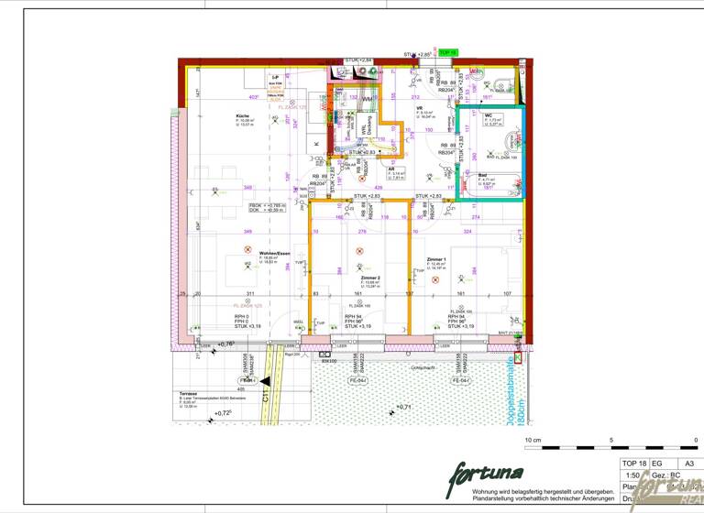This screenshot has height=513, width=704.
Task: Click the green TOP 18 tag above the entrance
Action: coord(447,53)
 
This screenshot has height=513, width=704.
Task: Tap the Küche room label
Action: coord(242,116)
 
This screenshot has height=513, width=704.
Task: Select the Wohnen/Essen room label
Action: coord(275,254)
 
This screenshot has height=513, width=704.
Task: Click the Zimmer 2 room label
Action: coord(370,277)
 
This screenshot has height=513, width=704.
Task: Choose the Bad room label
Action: coord(483,173)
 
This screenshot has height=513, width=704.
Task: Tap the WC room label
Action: coord(489,115)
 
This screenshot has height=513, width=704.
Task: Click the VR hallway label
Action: coord(419,107)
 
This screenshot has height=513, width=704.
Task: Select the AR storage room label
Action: coord(391,169)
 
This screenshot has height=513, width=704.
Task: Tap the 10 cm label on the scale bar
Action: coord(533,441)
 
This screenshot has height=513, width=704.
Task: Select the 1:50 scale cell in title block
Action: coord(632,475)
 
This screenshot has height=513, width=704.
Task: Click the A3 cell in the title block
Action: coord(688,464)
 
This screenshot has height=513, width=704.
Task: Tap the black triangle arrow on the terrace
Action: coord(264,379)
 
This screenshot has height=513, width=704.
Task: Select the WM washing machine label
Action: coord(366,99)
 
